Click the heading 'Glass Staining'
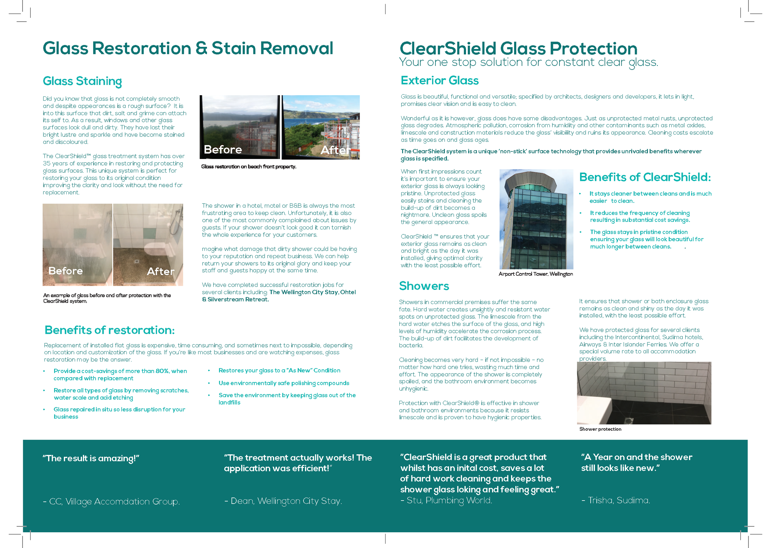82,81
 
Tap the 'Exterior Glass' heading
439,81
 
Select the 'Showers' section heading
424,286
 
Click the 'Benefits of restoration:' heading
109,330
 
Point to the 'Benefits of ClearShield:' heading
645,177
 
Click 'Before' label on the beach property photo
223,149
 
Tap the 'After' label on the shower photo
160,271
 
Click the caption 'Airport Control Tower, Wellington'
535,274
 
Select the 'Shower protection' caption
600,429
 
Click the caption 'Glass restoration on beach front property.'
248,167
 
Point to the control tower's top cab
536,182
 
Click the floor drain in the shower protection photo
629,420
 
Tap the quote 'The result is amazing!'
91,458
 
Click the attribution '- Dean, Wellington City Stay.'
283,501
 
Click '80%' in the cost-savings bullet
162,371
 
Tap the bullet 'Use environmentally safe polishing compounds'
284,383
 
